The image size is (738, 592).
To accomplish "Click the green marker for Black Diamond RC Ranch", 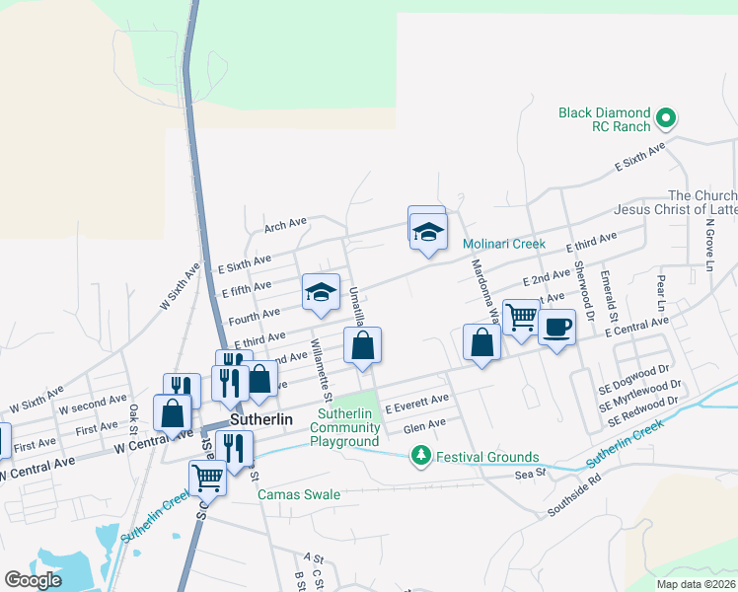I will [666, 119].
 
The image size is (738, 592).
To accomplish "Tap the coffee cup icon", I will [556, 327].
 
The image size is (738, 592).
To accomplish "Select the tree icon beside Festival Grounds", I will [421, 456].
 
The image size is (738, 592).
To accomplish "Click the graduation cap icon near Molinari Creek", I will [428, 233].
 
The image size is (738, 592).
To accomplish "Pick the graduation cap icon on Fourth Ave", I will [321, 293].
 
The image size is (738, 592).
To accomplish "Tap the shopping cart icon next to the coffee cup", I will [521, 318].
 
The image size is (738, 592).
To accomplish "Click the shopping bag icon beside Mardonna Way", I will [480, 343].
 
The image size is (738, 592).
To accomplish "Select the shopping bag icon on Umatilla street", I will [362, 345].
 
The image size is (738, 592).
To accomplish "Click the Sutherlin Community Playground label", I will [345, 427].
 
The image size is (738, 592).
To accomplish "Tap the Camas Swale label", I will [299, 494].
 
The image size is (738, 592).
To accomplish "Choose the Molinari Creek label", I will [504, 244].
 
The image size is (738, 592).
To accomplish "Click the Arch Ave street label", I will [285, 226].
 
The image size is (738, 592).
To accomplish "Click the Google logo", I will [33, 579].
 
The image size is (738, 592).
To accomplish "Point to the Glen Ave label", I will [424, 423].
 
